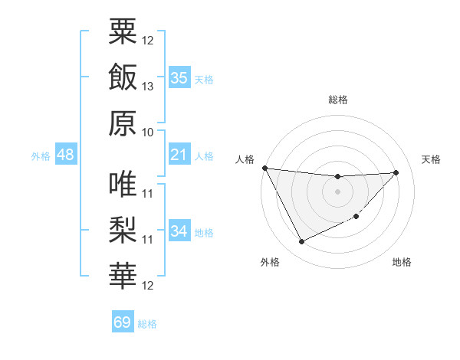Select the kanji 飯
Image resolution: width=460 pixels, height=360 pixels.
pos(123,77)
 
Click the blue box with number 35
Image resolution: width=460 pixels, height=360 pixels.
pos(179,78)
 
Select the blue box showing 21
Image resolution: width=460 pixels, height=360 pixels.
pos(179,155)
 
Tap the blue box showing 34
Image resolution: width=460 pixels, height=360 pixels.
pos(179,232)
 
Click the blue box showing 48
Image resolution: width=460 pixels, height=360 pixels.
pos(65,155)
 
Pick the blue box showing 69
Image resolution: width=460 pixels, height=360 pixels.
pos(123,322)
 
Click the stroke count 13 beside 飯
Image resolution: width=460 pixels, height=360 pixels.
pos(149,87)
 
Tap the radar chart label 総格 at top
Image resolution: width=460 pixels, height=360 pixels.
pos(337,100)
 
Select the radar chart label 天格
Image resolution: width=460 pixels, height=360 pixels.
pos(431,159)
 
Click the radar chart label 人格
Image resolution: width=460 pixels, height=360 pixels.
pos(245,159)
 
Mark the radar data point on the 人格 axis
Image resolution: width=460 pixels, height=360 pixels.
pos(264,168)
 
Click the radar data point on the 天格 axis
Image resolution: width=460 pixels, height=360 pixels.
pos(396,172)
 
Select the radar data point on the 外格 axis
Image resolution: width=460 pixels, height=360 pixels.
pos(301,242)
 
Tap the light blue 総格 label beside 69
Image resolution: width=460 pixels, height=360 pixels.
pos(147,324)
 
